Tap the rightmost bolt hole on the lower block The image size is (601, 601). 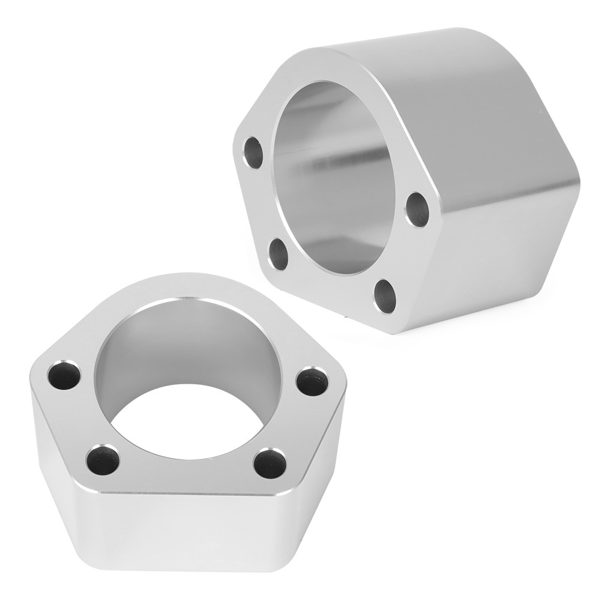click(313, 379)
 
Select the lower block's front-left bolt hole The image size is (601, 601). click(103, 461)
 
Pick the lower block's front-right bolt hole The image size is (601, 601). click(268, 463)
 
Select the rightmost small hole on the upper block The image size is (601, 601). click(417, 209)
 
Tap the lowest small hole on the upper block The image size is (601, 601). click(384, 295)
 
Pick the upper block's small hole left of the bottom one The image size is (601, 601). click(278, 254)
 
